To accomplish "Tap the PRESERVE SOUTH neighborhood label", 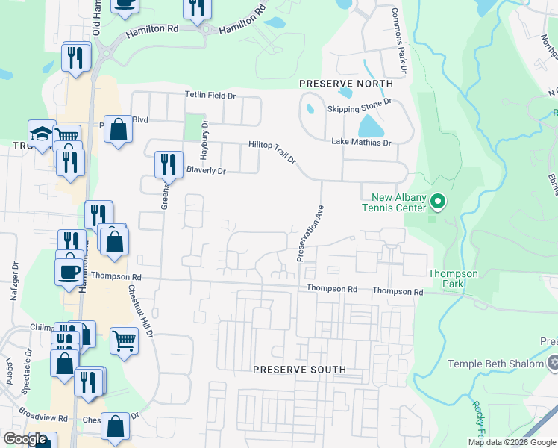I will coord(299,370).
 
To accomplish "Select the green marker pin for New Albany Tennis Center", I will coord(438,202).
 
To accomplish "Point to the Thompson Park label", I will coord(453,279).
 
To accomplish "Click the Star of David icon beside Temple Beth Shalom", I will coord(553,364).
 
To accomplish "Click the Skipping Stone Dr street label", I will coord(360,107).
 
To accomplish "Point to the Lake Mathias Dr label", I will coord(361,142).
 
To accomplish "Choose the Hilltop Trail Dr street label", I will coord(272,152).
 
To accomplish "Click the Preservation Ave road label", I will coord(309,233).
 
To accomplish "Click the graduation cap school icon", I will coord(42,134).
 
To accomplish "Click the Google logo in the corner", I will coord(25,439).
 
